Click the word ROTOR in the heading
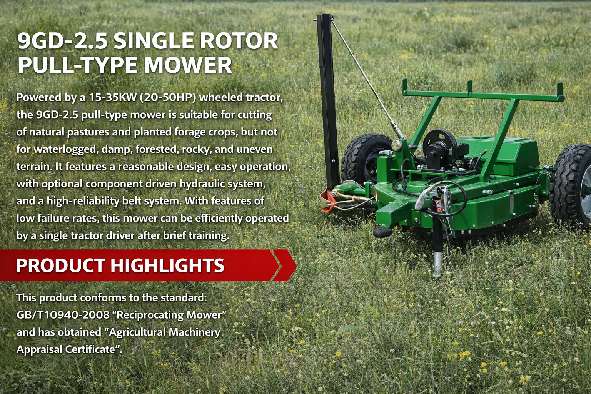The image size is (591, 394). click(x=239, y=41)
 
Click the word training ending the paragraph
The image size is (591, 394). click(x=209, y=235)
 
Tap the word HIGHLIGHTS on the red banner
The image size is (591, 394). click(x=167, y=265)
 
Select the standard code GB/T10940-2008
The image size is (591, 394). click(x=63, y=315)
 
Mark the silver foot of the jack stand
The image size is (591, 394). click(x=438, y=265)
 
